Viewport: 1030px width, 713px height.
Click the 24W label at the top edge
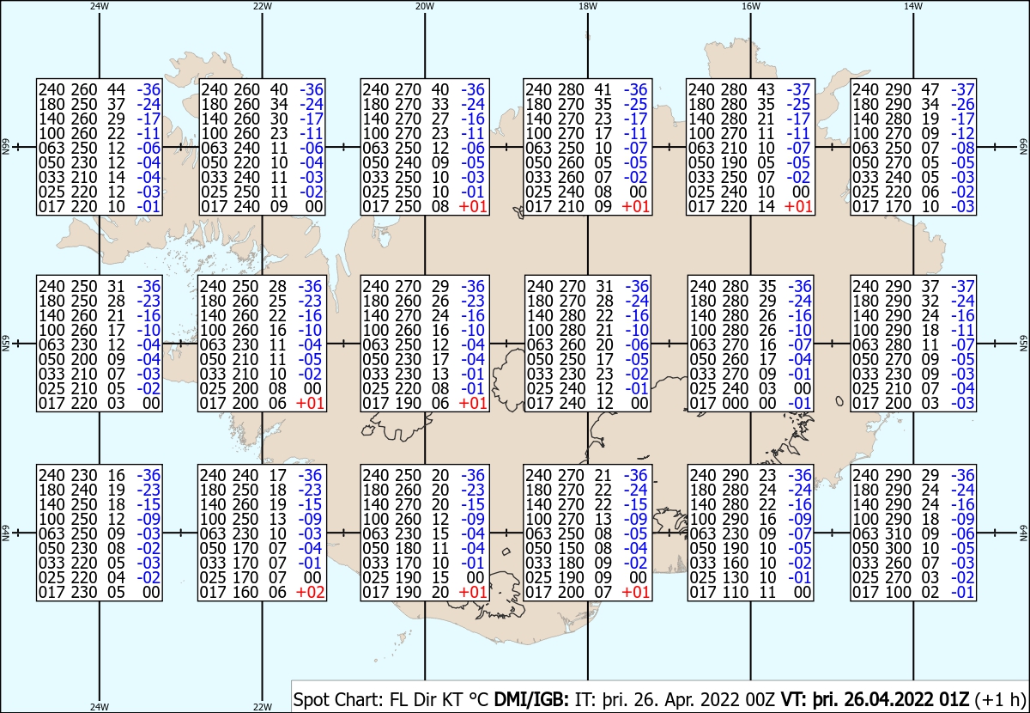click(100, 6)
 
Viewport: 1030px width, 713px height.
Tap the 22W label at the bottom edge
click(262, 707)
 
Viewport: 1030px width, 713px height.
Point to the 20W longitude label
click(425, 6)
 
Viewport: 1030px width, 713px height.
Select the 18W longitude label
click(588, 6)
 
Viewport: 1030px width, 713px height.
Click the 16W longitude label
click(751, 6)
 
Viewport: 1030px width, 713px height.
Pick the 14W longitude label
click(913, 6)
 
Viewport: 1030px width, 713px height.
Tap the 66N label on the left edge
click(5, 147)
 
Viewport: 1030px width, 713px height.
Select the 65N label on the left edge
click(5, 344)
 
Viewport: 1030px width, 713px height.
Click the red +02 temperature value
click(311, 592)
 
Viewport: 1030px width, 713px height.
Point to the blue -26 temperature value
click(962, 104)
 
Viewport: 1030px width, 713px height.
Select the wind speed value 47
click(930, 89)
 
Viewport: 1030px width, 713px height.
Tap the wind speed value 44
click(116, 89)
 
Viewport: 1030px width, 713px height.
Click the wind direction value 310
click(898, 533)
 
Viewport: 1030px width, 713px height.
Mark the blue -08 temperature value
click(962, 148)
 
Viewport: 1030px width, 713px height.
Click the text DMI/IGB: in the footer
click(531, 699)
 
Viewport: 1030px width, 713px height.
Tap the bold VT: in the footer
click(795, 699)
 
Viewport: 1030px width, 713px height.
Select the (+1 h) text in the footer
click(1000, 700)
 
